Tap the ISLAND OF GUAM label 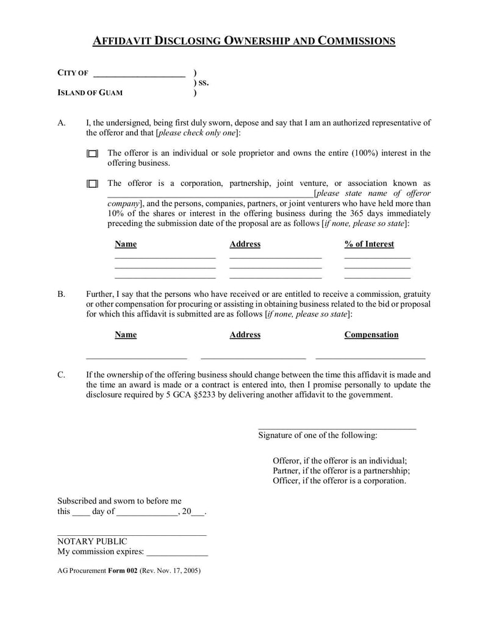(90, 93)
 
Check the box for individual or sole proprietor (92, 154)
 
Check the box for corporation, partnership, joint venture (92, 184)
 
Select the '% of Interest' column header (369, 244)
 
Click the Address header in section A (245, 244)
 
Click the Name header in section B (126, 335)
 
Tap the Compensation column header (371, 335)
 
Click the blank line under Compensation (370, 357)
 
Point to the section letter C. (62, 375)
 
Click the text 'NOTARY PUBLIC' (92, 541)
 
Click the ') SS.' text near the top (201, 83)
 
